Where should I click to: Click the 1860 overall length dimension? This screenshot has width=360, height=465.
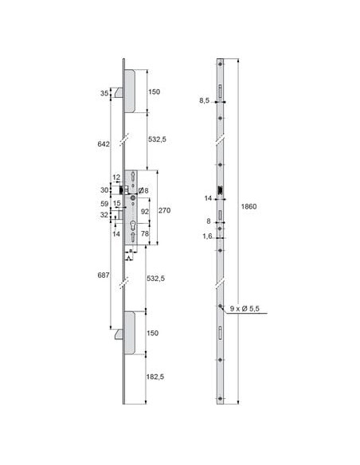(x=248, y=206)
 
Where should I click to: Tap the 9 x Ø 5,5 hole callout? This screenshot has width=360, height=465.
(x=245, y=308)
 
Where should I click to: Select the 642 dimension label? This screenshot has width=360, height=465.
(x=104, y=144)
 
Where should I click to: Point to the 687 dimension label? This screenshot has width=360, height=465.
(x=104, y=275)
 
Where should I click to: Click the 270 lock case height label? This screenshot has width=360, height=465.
(x=164, y=210)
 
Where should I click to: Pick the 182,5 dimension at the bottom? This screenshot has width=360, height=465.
(x=155, y=377)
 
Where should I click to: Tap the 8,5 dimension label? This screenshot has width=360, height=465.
(x=205, y=100)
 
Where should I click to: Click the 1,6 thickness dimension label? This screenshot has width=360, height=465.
(x=208, y=236)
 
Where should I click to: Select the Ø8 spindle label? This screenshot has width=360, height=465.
(x=143, y=190)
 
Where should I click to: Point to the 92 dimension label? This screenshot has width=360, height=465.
(x=145, y=212)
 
